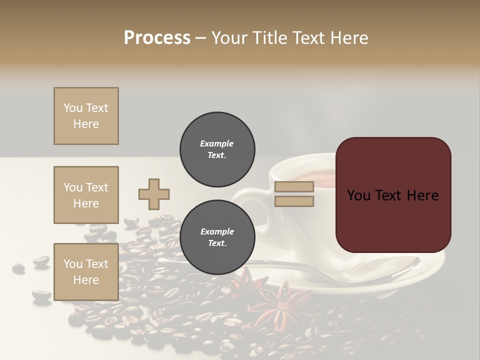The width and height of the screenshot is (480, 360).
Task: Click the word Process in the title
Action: click(157, 37)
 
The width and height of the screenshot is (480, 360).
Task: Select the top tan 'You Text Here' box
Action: click(86, 116)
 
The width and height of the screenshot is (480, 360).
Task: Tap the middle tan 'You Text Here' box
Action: click(86, 195)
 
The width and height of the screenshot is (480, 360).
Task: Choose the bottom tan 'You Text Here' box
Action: click(86, 272)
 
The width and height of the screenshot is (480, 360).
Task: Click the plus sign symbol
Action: click(154, 194)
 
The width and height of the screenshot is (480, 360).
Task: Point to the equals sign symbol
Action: click(294, 194)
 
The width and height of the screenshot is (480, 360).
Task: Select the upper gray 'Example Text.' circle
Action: click(217, 149)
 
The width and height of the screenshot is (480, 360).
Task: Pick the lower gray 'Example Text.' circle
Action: click(217, 237)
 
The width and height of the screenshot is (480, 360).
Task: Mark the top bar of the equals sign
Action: click(294, 187)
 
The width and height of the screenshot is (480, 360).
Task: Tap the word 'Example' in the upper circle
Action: click(217, 143)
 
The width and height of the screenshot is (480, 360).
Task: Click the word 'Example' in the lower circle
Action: click(217, 231)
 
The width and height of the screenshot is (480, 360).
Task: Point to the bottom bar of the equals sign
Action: click(294, 201)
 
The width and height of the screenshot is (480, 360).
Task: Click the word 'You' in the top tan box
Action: click(73, 108)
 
